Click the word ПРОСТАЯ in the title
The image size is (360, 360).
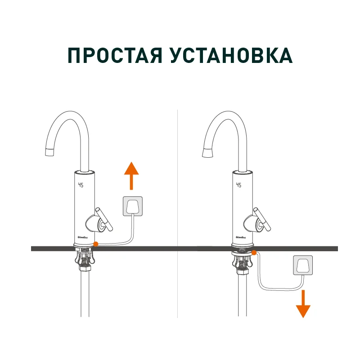(x=114, y=56)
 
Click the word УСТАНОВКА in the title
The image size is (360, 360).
(x=232, y=56)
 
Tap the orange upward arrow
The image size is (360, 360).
(x=131, y=176)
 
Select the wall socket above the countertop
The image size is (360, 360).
(x=133, y=206)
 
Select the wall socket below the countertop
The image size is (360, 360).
(x=303, y=265)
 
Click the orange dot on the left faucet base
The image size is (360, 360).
(x=95, y=244)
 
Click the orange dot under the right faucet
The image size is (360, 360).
(x=254, y=253)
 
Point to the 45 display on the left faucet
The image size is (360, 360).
(x=81, y=185)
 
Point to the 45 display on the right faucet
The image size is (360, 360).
(x=238, y=185)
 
